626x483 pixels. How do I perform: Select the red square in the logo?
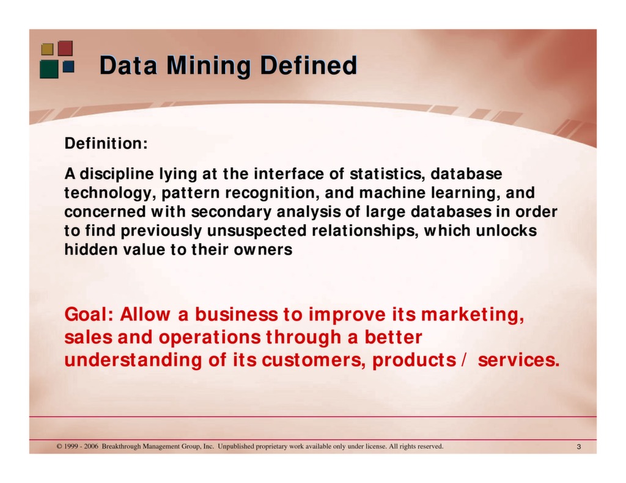[x=65, y=48]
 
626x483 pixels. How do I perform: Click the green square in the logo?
[x=49, y=68]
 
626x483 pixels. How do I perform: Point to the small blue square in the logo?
[x=68, y=66]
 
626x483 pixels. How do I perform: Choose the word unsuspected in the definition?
[x=258, y=231]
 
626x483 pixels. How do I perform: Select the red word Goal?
[x=89, y=315]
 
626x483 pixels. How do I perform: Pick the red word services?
[x=518, y=360]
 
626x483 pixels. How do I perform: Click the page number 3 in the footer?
[x=578, y=448]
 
